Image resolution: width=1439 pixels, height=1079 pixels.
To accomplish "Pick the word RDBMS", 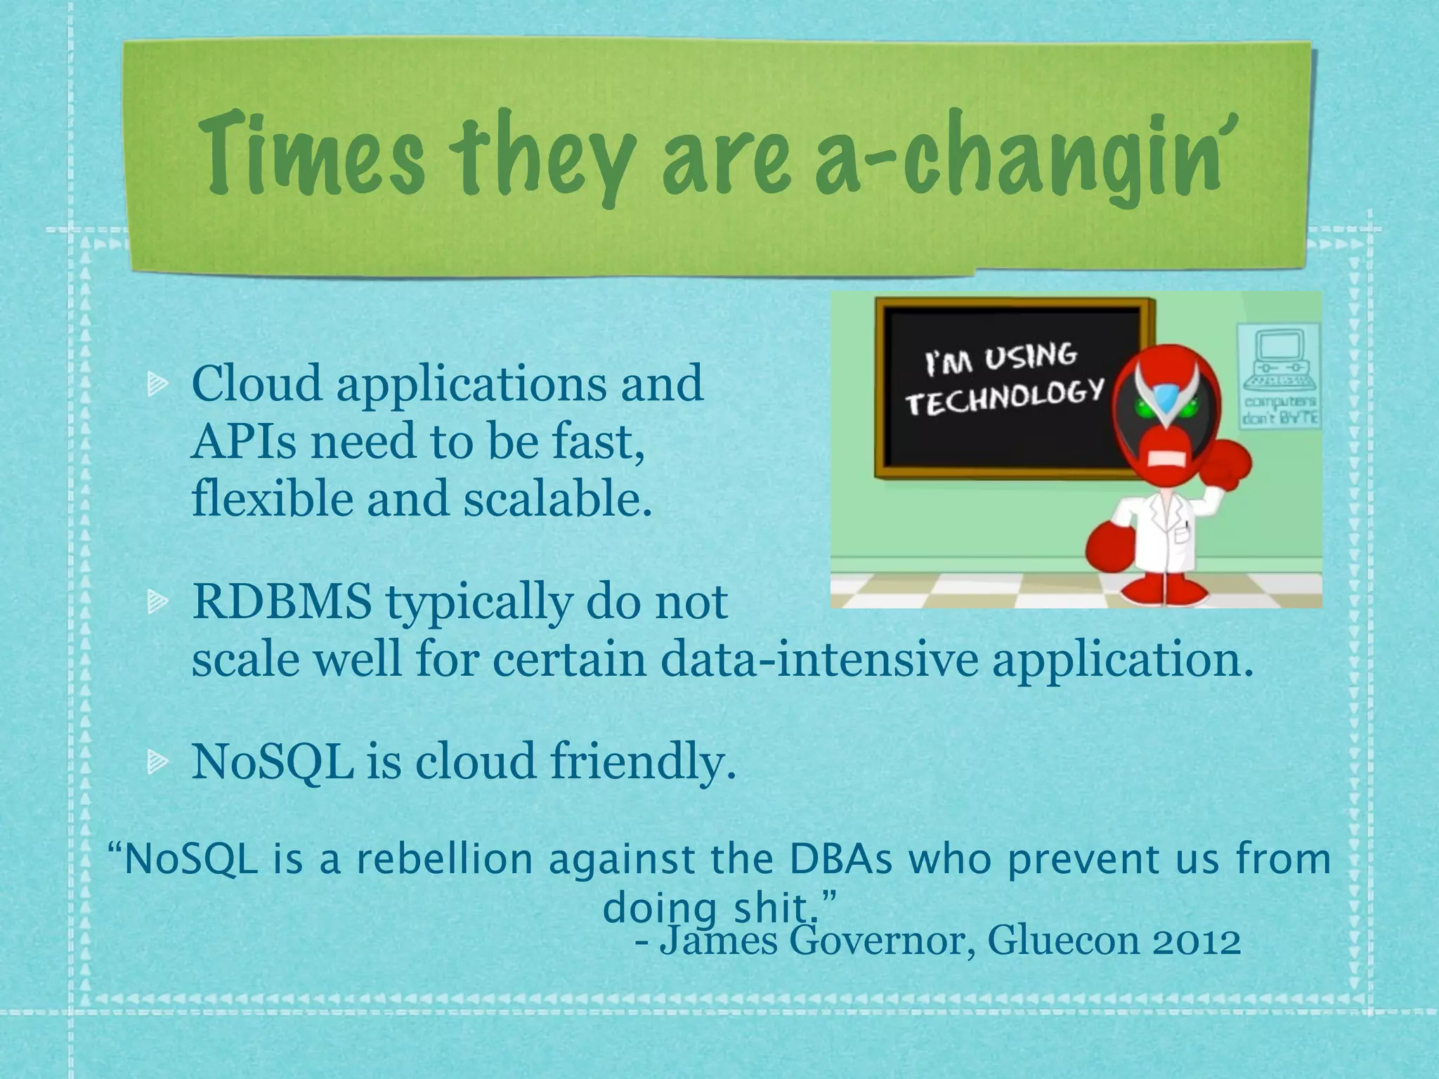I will (x=282, y=602).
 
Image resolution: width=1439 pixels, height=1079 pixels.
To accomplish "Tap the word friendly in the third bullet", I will (x=643, y=761).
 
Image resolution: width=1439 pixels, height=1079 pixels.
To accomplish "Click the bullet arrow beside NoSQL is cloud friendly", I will (x=157, y=761).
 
